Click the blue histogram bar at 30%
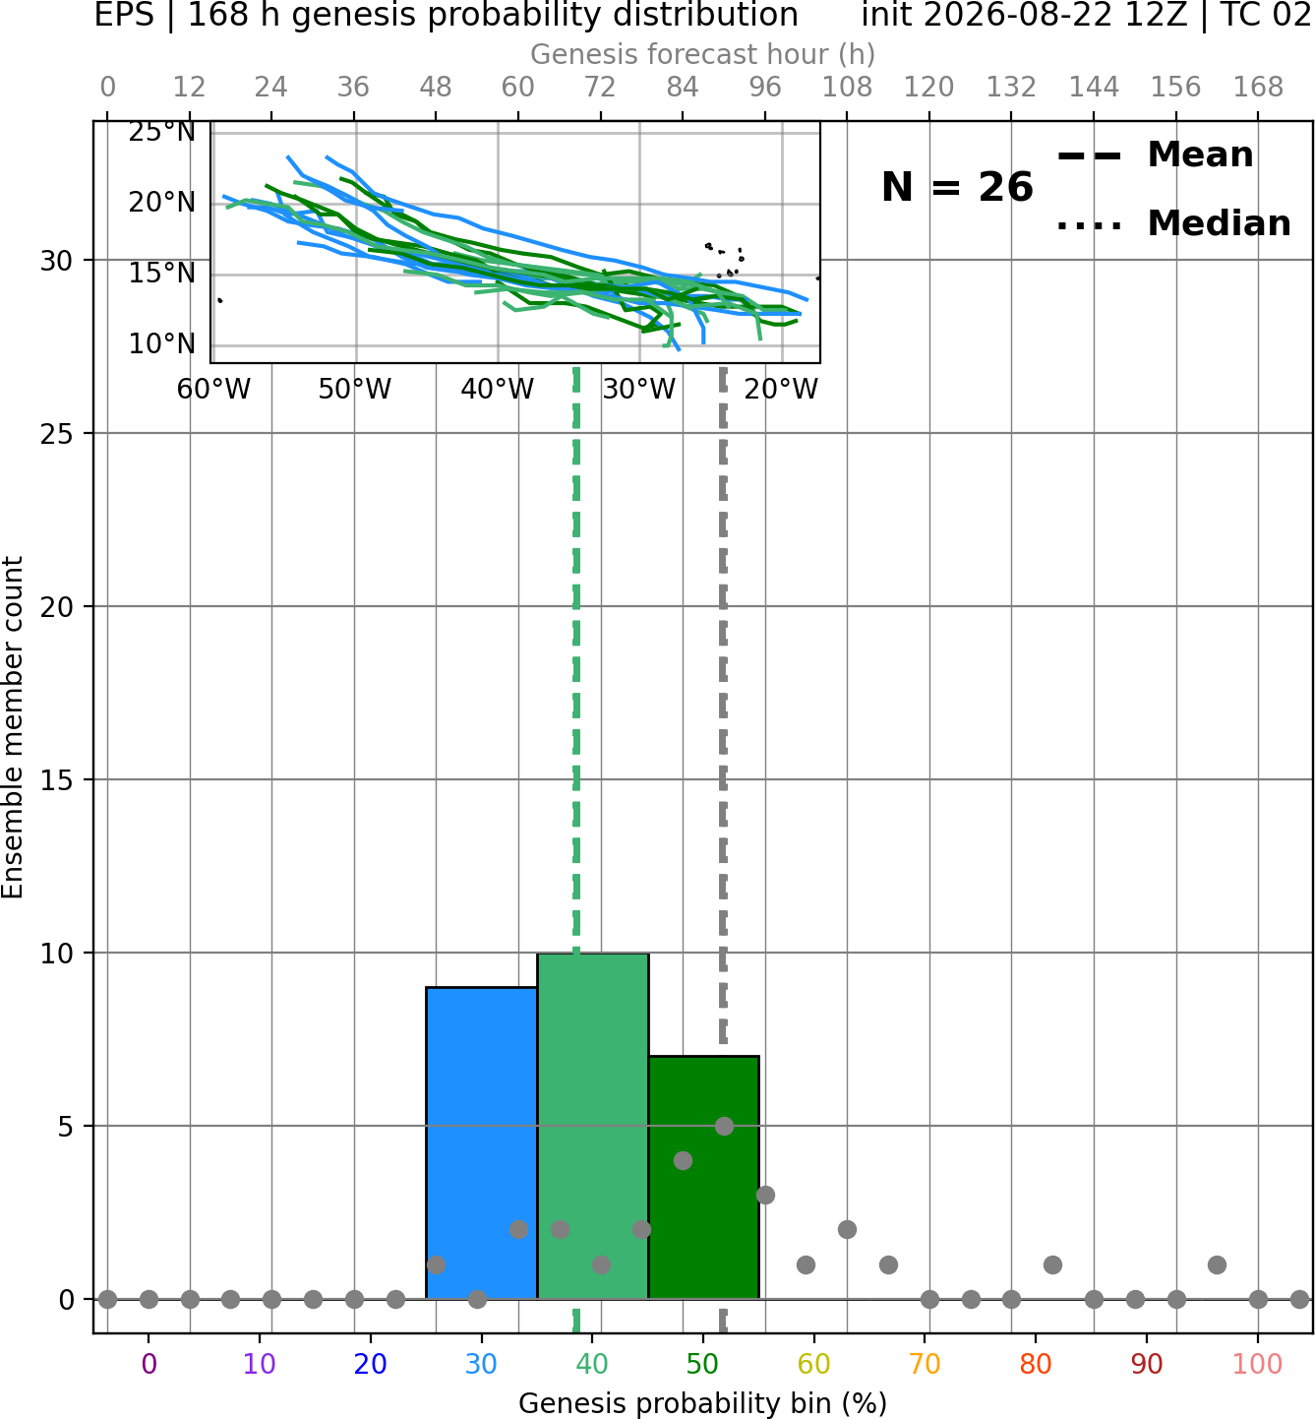coord(481,1142)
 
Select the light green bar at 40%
coord(593,1126)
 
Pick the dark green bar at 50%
coord(703,1178)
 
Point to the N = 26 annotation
coord(957,187)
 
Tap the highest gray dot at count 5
coord(724,1126)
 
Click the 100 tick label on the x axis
coord(1257,1364)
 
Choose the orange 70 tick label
coord(925,1364)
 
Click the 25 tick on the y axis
coord(57,434)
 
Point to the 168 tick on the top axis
coord(1258,88)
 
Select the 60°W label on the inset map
coord(213,390)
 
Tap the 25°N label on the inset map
coord(162,132)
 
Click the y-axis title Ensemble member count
coord(13,727)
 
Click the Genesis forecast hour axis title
coord(703,54)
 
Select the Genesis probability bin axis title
coord(703,1403)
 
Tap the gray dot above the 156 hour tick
coord(1175,1299)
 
